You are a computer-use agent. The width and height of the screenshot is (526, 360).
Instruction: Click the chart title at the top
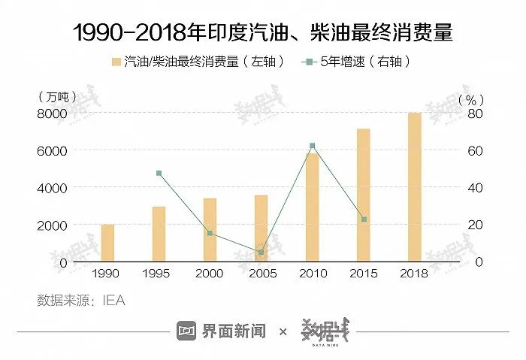click(x=263, y=32)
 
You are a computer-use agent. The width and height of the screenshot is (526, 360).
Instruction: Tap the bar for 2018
click(x=414, y=187)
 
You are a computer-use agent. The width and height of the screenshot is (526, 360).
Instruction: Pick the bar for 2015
click(x=364, y=195)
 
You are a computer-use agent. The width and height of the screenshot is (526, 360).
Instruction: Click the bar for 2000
click(x=210, y=230)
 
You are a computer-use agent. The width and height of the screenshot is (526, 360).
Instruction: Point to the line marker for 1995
click(x=159, y=174)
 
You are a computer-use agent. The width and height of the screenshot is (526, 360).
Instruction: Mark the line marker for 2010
click(x=312, y=146)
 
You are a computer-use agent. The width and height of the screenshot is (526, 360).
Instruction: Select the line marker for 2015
click(x=364, y=219)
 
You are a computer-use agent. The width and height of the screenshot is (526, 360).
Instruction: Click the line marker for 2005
click(x=261, y=253)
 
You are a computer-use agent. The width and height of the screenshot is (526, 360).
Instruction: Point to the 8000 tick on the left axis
click(x=53, y=113)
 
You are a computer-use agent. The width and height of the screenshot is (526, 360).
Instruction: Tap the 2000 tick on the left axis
click(x=53, y=225)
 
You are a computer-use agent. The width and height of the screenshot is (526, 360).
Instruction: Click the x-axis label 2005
click(x=261, y=274)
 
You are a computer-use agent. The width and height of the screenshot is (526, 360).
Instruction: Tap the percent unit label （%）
click(x=470, y=98)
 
